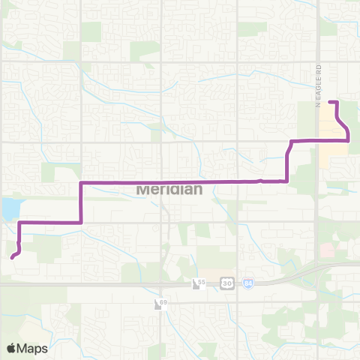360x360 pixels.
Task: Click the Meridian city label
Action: [x=169, y=189]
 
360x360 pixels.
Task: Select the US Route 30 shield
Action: [x=228, y=283]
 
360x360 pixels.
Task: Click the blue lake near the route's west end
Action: [x=10, y=208]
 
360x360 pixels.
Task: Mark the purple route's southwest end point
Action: [x=13, y=256]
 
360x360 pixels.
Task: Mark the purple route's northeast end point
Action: [x=331, y=101]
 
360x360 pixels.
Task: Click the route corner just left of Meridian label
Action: [x=81, y=182]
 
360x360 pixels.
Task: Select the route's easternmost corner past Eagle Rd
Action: [x=348, y=139]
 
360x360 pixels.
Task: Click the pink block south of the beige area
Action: [x=326, y=250]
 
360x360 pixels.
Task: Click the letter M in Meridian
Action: [x=142, y=189]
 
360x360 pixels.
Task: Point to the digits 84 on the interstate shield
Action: [x=249, y=283]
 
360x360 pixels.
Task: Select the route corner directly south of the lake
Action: [x=19, y=223]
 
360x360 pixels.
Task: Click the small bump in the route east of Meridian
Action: [x=259, y=180]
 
